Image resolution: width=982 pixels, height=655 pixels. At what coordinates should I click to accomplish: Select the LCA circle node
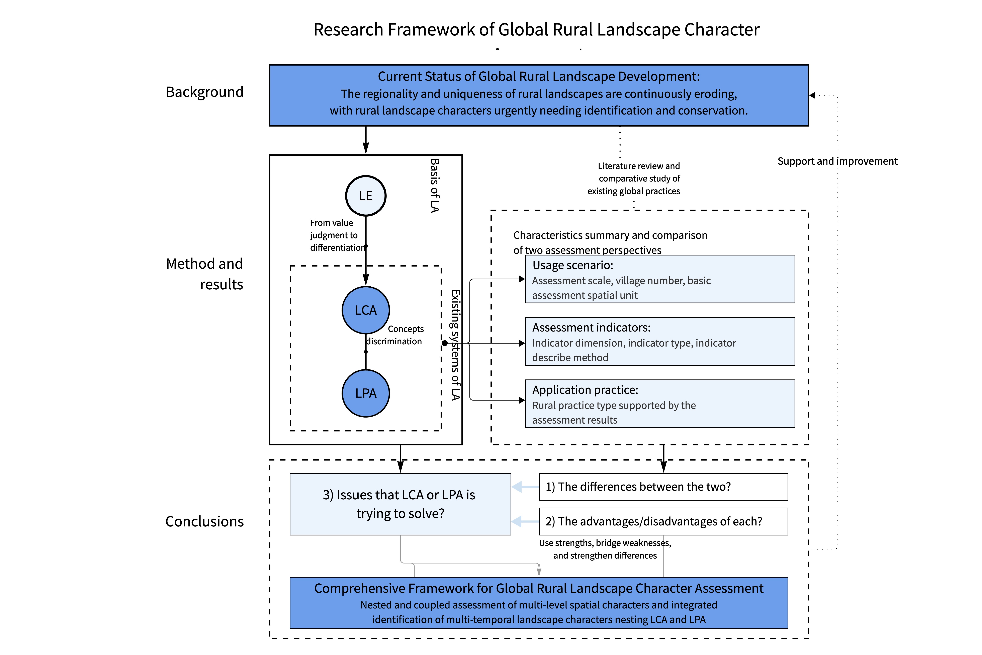pyautogui.click(x=366, y=310)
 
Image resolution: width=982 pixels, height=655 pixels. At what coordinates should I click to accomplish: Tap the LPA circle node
pyautogui.click(x=366, y=393)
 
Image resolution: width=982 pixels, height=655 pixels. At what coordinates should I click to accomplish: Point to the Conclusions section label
pyautogui.click(x=205, y=521)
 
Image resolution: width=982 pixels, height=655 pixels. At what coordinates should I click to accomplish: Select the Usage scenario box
pyautogui.click(x=660, y=279)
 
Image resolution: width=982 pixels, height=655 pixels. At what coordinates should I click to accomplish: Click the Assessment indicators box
pyautogui.click(x=660, y=341)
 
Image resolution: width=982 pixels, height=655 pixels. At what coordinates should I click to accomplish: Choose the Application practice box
pyautogui.click(x=660, y=404)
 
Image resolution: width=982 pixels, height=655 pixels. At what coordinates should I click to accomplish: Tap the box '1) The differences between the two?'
pyautogui.click(x=663, y=487)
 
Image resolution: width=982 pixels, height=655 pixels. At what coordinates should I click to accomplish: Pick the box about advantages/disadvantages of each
pyautogui.click(x=663, y=521)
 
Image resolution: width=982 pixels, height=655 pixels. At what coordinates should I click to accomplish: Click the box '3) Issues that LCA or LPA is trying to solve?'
pyautogui.click(x=400, y=504)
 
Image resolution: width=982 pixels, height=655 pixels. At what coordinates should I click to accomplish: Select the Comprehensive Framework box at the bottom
pyautogui.click(x=539, y=603)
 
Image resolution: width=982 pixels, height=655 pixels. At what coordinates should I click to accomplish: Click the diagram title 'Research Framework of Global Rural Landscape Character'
pyautogui.click(x=537, y=30)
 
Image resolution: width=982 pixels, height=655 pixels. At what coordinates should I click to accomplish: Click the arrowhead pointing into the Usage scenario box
pyautogui.click(x=522, y=279)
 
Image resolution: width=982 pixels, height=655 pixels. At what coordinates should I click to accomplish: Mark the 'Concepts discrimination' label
pyautogui.click(x=394, y=335)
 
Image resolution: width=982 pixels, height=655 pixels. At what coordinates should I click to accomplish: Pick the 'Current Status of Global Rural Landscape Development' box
pyautogui.click(x=539, y=95)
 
